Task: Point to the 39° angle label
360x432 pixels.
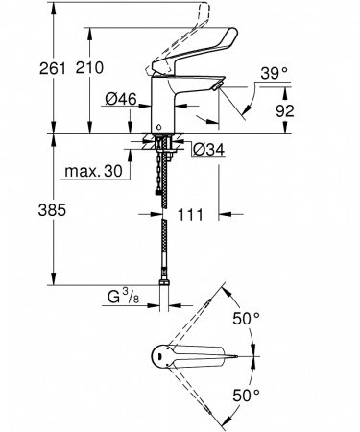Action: tap(274, 73)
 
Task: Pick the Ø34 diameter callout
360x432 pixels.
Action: tap(209, 150)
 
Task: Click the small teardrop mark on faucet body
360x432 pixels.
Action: tap(160, 126)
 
